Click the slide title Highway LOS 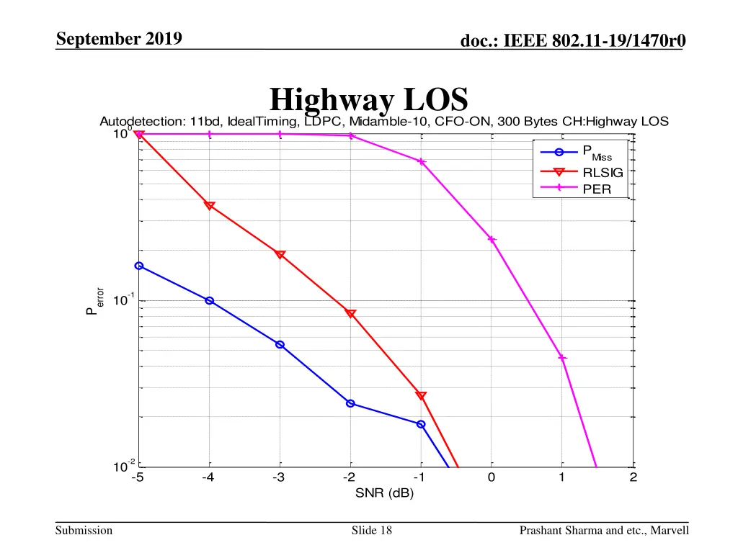368,99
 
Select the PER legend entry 596,189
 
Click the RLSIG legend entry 603,172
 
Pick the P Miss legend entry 597,153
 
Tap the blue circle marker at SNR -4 209,300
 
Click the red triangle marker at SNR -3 280,254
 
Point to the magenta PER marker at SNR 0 492,239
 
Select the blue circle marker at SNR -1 421,424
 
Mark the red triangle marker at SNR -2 350,313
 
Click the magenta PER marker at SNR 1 562,358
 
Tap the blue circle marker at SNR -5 139,266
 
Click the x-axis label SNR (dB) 384,493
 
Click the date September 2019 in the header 118,39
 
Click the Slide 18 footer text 371,531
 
